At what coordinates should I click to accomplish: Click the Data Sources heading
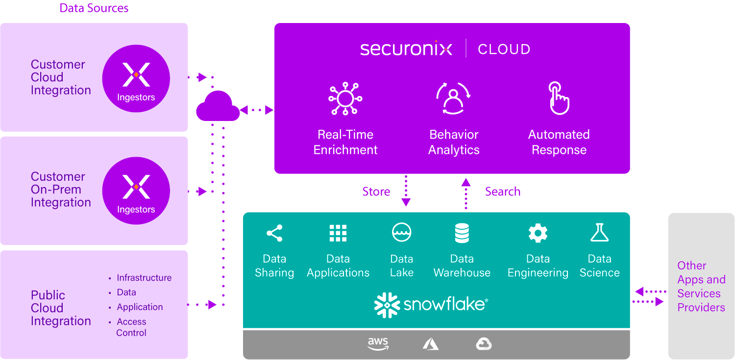tap(94, 8)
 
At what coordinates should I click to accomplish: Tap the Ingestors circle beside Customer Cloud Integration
tap(136, 78)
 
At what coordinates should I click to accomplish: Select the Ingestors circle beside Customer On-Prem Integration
tap(136, 191)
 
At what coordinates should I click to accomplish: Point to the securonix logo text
tap(406, 49)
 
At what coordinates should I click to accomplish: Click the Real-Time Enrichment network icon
tap(345, 98)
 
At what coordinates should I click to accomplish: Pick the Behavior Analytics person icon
tap(453, 98)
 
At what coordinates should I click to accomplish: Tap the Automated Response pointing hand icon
tap(559, 98)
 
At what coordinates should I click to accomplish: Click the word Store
tap(376, 192)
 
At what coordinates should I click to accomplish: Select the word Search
tap(503, 192)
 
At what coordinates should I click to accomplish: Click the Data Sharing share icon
tap(274, 233)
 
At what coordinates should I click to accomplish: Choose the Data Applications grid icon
tap(338, 233)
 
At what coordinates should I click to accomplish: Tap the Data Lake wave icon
tap(402, 233)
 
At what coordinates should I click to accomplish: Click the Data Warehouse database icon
tap(462, 233)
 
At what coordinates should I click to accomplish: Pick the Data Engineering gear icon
tap(538, 233)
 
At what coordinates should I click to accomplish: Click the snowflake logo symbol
tap(387, 305)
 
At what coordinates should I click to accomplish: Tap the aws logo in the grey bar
tap(378, 344)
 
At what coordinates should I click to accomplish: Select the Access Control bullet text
tap(131, 327)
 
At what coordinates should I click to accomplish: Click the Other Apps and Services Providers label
tap(701, 287)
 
